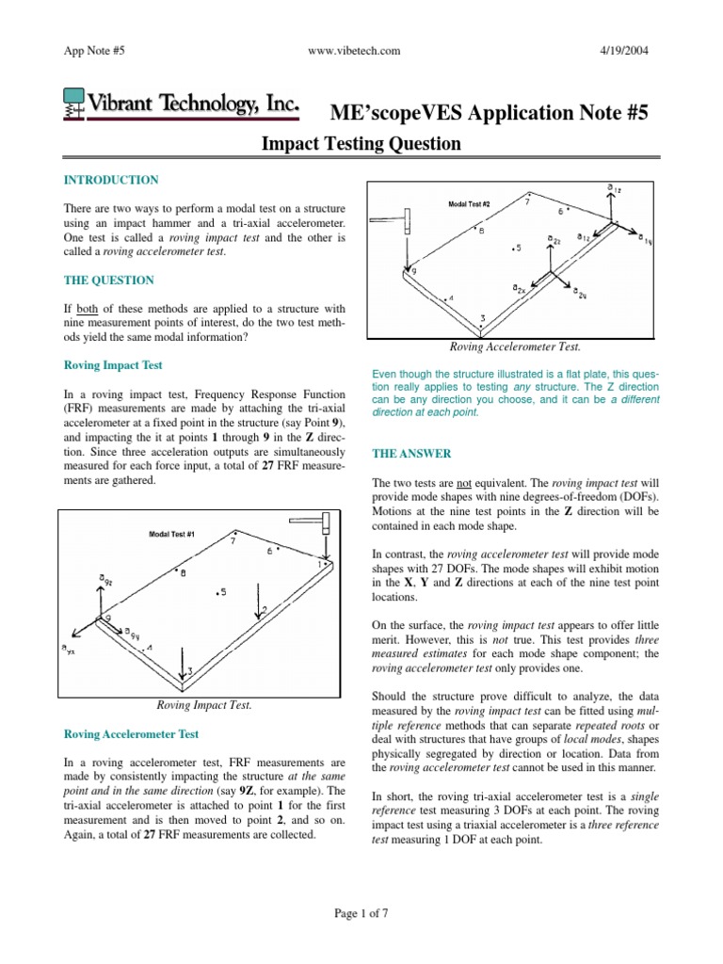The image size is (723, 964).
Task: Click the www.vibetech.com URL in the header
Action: coord(361,49)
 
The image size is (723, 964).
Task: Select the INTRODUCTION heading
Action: coord(110,180)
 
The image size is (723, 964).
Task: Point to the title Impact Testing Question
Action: coord(361,144)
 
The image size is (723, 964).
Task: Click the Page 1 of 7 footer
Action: coord(361,912)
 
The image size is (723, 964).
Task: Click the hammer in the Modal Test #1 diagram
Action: coord(314,523)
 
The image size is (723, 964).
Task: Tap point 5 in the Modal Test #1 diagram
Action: coord(220,592)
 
